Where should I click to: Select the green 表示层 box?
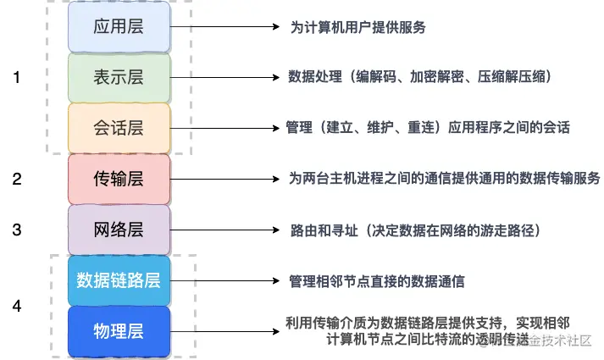tap(119, 77)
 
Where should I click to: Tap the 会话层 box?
tap(119, 128)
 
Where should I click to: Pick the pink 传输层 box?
tap(119, 179)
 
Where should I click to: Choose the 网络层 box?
tap(119, 230)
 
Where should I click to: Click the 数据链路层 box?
tap(119, 280)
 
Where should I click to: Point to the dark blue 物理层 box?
tap(119, 331)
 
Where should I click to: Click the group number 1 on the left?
tap(16, 77)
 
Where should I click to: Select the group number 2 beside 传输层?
tap(16, 179)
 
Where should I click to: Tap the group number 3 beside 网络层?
tap(16, 230)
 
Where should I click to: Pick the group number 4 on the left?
tap(16, 305)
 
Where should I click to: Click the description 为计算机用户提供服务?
tap(357, 27)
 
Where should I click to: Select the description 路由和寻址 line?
tap(414, 230)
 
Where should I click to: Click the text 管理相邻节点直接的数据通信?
tap(376, 280)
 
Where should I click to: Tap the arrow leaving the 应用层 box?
tap(224, 27)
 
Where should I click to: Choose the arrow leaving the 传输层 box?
tap(224, 180)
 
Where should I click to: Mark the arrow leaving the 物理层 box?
tap(224, 331)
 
